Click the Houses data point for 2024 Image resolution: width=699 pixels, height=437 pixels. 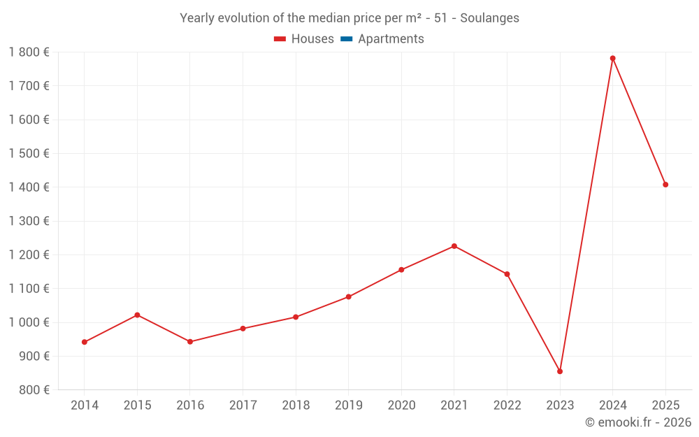[x=612, y=58]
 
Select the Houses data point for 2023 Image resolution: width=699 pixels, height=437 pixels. [x=560, y=371]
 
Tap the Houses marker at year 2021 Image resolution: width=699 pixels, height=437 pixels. [x=454, y=246]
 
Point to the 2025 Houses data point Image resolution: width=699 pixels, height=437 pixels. [x=665, y=185]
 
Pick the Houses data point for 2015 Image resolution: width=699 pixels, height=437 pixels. [x=137, y=315]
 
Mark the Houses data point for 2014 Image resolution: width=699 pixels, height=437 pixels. [x=85, y=342]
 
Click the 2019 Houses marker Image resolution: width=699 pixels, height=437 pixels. [x=349, y=296]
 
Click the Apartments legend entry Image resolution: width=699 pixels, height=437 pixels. [x=390, y=39]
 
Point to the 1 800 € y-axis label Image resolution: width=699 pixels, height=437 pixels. [x=29, y=52]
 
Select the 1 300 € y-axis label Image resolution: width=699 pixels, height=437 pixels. [x=29, y=221]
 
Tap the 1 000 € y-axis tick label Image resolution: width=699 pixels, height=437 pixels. [x=29, y=322]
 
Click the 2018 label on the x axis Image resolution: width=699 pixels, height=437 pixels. [x=296, y=406]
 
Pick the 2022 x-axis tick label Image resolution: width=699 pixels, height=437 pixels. [x=507, y=406]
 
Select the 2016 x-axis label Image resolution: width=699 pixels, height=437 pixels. [x=190, y=406]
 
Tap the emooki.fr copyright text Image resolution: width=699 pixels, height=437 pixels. [x=637, y=422]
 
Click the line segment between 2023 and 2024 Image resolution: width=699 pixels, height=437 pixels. [x=586, y=215]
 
